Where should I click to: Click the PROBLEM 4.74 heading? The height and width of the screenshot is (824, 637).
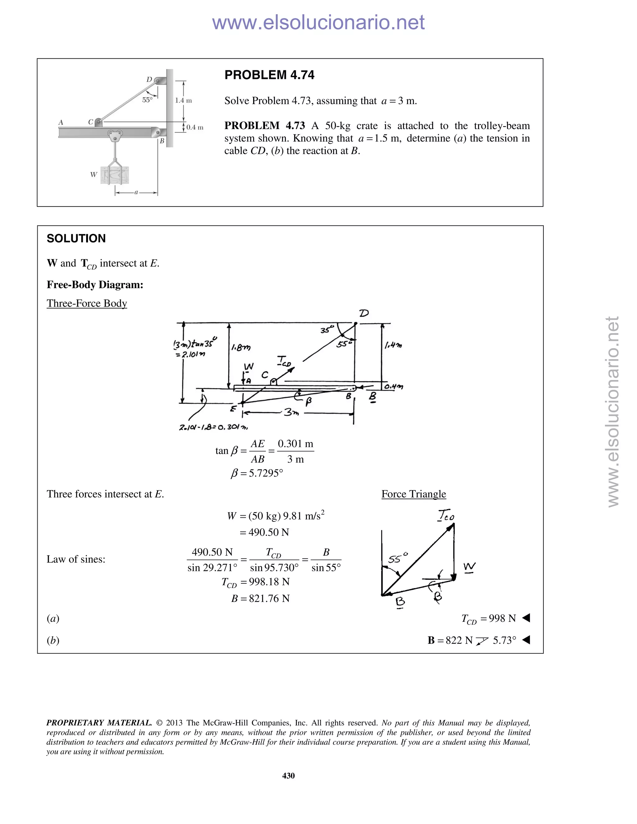click(x=269, y=75)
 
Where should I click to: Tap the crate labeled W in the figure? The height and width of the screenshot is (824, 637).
click(x=114, y=175)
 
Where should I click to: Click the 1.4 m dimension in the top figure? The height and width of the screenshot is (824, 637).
click(x=184, y=100)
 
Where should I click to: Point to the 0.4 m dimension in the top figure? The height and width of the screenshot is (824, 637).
click(x=195, y=127)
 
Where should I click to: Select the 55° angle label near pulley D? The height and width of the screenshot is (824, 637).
click(x=147, y=100)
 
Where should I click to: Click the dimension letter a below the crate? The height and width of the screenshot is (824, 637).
click(x=136, y=192)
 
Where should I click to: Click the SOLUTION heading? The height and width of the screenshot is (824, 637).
click(x=76, y=238)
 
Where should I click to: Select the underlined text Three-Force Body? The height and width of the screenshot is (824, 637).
click(x=87, y=303)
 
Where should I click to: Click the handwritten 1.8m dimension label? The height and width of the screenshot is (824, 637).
click(x=241, y=347)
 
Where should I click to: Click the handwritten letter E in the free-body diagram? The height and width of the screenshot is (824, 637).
click(x=234, y=409)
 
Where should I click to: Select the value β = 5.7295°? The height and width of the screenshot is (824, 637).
click(x=257, y=473)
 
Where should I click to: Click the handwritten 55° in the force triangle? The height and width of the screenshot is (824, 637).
click(x=398, y=558)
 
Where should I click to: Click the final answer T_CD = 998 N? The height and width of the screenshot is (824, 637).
click(x=488, y=619)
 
